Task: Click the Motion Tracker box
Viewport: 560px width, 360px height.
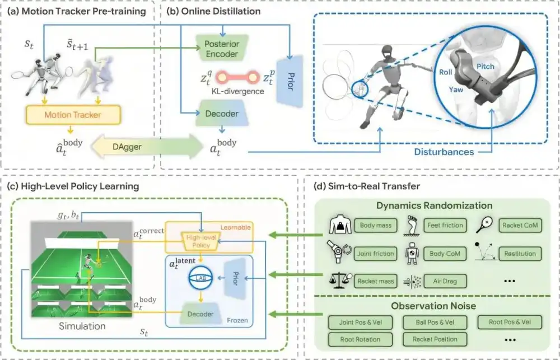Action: coord(73,115)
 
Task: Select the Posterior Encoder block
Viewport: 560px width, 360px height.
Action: coord(222,49)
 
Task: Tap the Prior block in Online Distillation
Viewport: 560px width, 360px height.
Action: coord(290,81)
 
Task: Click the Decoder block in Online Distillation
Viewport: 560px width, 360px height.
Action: coord(222,114)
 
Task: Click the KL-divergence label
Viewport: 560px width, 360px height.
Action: coord(238,91)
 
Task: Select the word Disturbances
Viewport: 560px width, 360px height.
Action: coord(444,152)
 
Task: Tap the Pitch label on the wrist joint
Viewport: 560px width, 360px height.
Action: coord(486,67)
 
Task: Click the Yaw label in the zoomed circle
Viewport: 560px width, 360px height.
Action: coord(456,89)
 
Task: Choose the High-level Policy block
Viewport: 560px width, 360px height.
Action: coord(200,241)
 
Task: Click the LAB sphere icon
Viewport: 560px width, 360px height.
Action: coord(200,278)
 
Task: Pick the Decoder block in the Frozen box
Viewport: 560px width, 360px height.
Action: coord(200,314)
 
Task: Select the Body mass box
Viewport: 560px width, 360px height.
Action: coord(376,226)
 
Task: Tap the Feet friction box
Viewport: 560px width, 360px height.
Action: coord(445,226)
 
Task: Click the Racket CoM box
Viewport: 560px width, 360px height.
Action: coord(520,226)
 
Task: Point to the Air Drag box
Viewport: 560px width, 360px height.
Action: coord(445,281)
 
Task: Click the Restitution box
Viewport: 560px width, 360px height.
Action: coord(520,254)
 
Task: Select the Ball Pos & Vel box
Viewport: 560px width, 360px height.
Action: coord(435,322)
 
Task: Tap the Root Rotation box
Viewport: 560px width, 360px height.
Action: coord(360,339)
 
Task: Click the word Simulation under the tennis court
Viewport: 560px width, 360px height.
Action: coord(82,326)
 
